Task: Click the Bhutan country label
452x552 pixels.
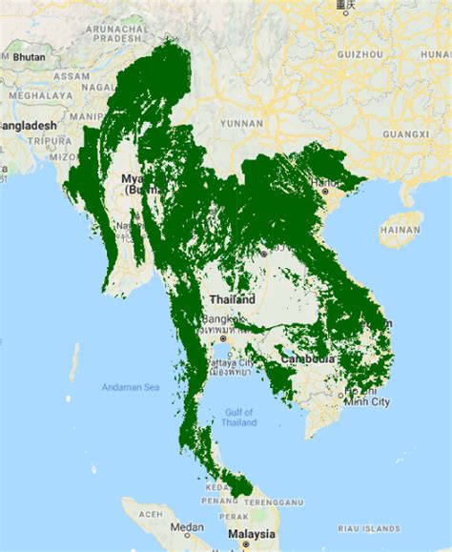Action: (31, 57)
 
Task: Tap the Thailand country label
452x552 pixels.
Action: (233, 299)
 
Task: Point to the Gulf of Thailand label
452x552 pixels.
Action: (239, 417)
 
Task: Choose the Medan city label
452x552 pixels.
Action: (188, 526)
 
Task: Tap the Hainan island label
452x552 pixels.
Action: (400, 230)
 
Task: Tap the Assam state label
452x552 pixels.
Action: (72, 75)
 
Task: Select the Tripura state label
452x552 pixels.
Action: (46, 141)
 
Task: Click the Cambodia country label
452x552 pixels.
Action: (307, 358)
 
